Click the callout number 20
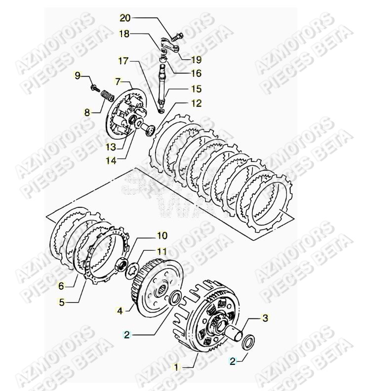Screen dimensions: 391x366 coord(125,18)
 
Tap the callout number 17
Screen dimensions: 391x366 coord(122,61)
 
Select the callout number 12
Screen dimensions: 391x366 coord(197,103)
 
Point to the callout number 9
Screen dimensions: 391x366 coord(77,75)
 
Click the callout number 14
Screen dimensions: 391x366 coord(112,160)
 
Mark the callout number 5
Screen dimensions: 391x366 coord(62,302)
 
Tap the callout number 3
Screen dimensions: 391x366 coord(265,318)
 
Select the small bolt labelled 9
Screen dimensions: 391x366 coord(94,88)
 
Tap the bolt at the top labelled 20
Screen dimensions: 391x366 coord(177,36)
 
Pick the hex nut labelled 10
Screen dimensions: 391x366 coord(120,266)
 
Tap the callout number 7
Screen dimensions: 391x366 coord(117,80)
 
